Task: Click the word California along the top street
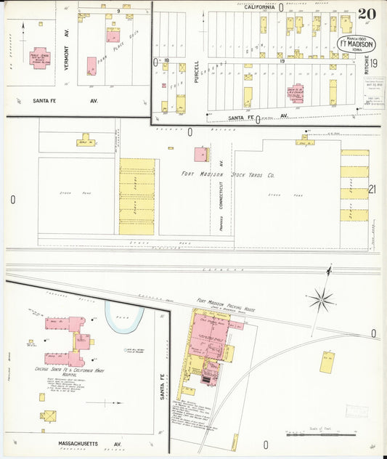pos(259,7)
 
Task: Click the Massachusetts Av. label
pos(89,442)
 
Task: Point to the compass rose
pos(320,298)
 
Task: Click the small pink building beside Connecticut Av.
pos(200,154)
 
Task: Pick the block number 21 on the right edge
pos(373,190)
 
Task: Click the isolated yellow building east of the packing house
pos(327,362)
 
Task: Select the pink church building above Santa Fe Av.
pos(298,93)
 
